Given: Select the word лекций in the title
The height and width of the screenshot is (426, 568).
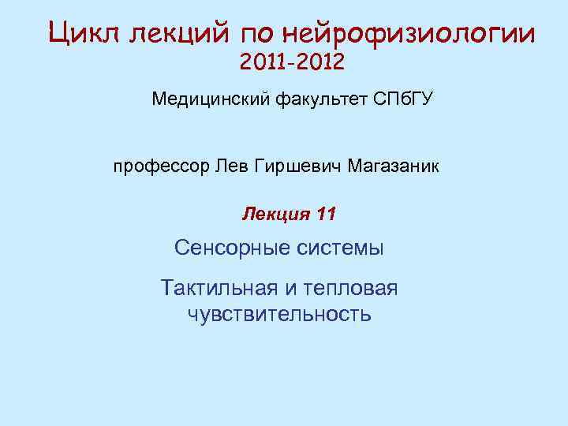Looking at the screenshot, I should click(177, 34).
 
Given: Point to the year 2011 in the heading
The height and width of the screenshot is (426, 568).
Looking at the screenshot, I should click(263, 62).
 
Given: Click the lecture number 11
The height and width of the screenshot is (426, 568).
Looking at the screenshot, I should click(325, 214).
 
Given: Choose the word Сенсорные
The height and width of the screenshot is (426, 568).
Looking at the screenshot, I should click(228, 248).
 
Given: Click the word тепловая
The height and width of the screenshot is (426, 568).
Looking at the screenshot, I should click(353, 287).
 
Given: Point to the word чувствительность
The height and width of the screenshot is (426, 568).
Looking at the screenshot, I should click(279, 315).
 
